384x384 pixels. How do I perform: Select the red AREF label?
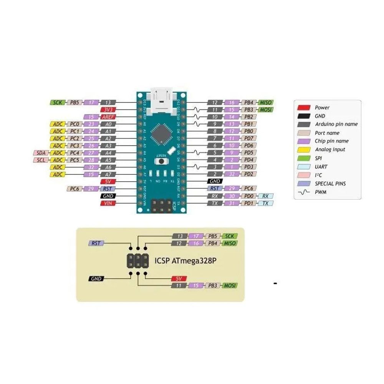[108, 117]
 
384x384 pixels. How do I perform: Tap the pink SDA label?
[41, 153]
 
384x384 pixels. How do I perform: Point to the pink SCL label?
[41, 160]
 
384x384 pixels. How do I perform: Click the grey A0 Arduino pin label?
[108, 124]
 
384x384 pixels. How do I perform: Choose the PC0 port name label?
[74, 124]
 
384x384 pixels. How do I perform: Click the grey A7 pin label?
[108, 174]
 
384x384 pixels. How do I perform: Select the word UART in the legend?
[322, 167]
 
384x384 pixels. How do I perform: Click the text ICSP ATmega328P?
[185, 260]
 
